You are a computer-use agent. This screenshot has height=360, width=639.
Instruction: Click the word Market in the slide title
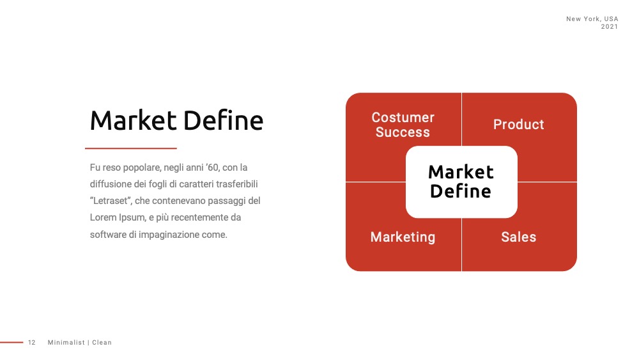(x=134, y=121)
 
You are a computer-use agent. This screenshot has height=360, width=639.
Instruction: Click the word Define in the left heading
(x=223, y=120)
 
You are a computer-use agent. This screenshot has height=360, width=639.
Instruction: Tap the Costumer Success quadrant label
(x=403, y=125)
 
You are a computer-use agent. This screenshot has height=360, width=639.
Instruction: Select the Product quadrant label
(x=518, y=124)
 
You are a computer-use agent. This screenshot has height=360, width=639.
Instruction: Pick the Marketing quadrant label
(x=403, y=237)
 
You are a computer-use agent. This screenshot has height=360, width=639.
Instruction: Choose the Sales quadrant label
(x=518, y=237)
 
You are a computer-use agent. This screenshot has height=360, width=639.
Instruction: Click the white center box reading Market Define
(x=461, y=182)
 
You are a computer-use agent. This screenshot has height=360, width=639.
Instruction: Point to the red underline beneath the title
(x=131, y=148)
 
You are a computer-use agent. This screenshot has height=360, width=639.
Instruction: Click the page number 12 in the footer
(x=32, y=343)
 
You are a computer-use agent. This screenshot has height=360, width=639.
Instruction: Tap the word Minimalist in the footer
(x=66, y=343)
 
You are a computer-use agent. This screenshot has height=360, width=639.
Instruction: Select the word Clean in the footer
(x=102, y=343)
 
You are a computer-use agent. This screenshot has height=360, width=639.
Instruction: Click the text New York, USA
(x=592, y=19)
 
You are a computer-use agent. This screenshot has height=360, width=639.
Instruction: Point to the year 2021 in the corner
(x=609, y=26)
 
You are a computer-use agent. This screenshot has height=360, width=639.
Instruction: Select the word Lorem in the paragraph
(x=103, y=217)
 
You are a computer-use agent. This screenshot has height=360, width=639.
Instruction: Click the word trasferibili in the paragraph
(x=237, y=184)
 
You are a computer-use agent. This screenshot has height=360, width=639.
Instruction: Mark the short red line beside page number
(x=12, y=343)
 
